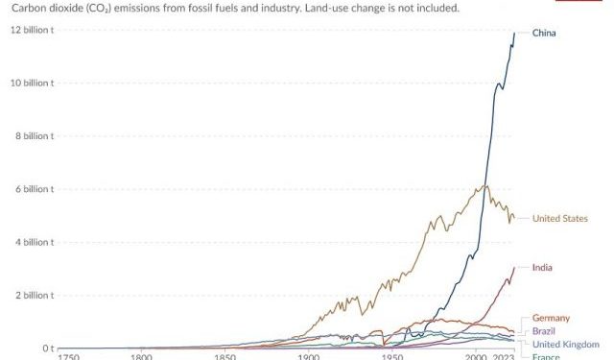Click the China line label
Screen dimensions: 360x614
[544, 34]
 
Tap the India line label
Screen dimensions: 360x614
[542, 267]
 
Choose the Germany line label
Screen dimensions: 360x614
[551, 318]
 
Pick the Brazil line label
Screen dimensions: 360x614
[543, 330]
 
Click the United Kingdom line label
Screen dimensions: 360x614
[566, 344]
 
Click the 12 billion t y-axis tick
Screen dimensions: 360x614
[32, 30]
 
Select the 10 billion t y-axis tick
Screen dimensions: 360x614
[32, 83]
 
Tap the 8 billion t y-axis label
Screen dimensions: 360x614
[35, 136]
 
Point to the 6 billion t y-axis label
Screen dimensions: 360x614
[35, 189]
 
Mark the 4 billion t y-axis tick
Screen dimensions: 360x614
[35, 242]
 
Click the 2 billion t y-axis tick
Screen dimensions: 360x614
[35, 296]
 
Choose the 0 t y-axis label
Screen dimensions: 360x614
[44, 348]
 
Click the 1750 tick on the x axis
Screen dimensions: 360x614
[69, 358]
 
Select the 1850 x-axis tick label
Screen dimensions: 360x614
[225, 358]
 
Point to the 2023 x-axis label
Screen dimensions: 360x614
[505, 358]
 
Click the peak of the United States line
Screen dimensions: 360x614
[486, 185]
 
